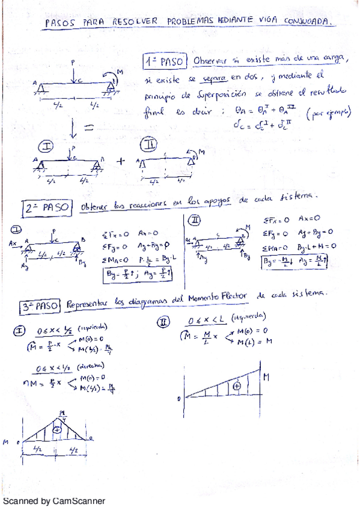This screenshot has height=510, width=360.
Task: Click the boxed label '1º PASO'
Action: tap(164, 61)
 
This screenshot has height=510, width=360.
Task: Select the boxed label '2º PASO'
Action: tap(47, 208)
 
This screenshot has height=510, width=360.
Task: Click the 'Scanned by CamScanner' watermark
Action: tap(54, 501)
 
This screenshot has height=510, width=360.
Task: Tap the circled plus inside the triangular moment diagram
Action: tap(57, 430)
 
